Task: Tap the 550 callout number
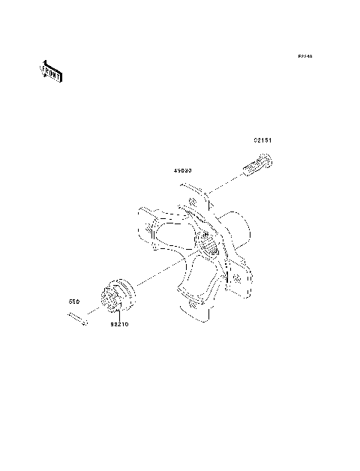[x=74, y=301]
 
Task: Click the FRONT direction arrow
[x=51, y=72]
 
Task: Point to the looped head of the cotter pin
[x=85, y=322]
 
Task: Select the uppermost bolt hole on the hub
[x=193, y=201]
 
